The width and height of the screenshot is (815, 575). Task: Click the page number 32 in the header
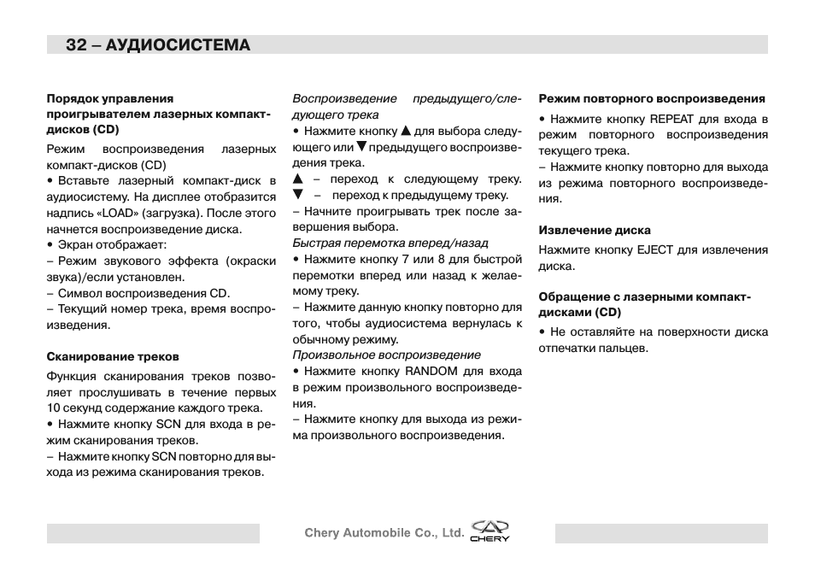point(76,45)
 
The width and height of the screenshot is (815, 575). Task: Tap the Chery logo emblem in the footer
point(490,531)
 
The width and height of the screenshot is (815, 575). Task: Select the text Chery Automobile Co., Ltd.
point(384,533)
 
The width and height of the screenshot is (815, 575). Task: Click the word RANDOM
point(431,372)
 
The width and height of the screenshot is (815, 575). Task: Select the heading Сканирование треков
point(113,356)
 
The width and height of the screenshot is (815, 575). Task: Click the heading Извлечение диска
point(594,230)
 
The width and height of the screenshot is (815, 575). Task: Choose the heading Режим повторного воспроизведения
point(651,98)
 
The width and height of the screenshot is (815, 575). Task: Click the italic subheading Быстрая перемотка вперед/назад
point(378,243)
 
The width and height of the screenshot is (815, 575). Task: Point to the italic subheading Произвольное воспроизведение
point(386,355)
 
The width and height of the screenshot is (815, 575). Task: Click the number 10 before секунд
point(54,408)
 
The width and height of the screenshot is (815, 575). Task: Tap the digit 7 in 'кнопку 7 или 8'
point(406,260)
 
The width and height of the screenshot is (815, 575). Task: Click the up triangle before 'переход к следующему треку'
point(298,179)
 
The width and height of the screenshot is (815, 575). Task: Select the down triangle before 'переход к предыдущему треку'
point(298,195)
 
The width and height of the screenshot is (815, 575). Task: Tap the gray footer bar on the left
point(153,533)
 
